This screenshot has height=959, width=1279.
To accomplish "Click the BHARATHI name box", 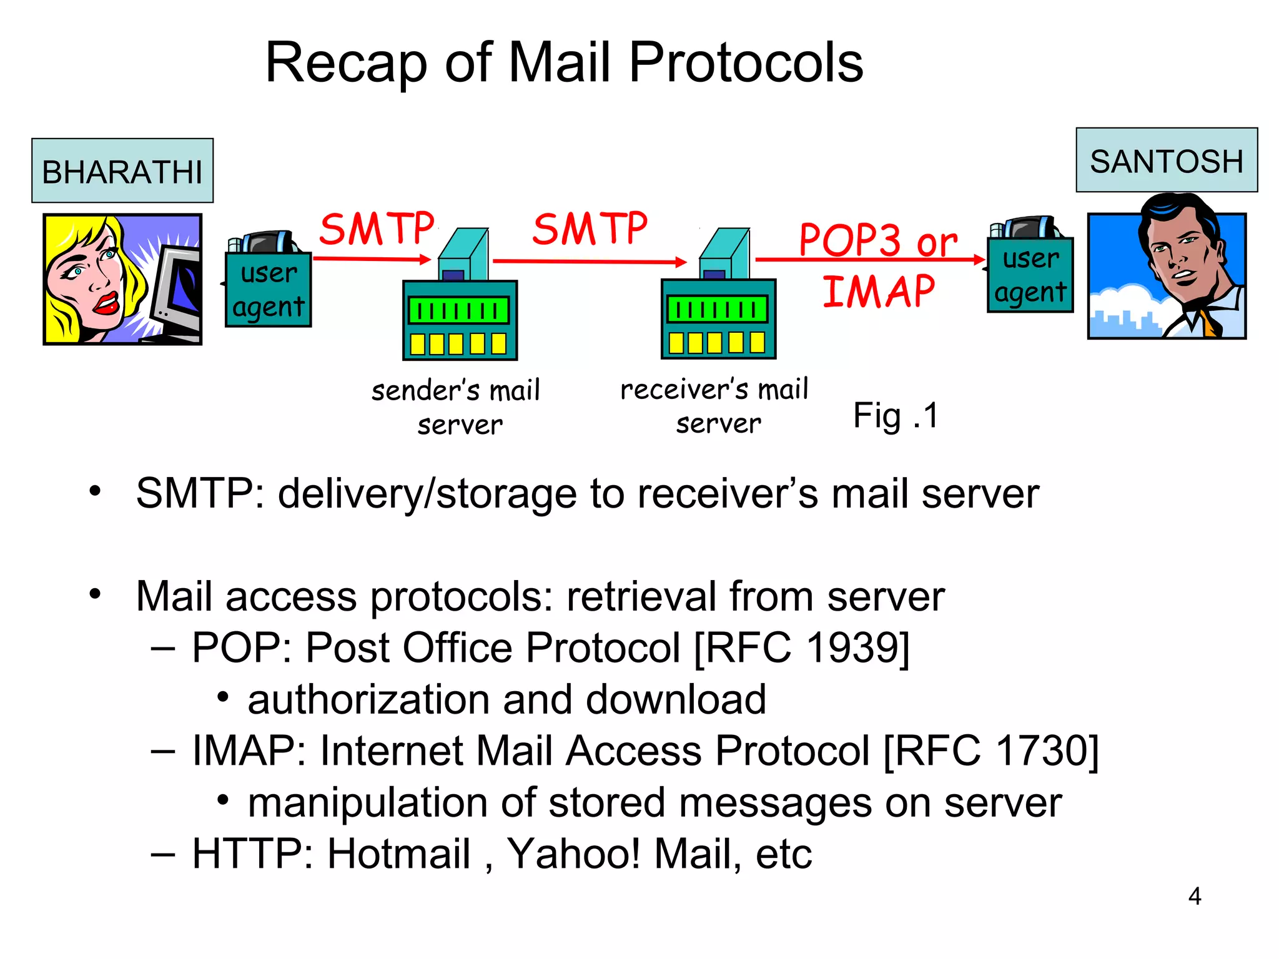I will click(122, 171).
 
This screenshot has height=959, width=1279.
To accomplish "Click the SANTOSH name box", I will click(1166, 161).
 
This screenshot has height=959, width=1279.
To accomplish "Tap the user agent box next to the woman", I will click(268, 290).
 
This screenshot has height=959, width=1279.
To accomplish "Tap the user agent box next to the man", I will click(1030, 275).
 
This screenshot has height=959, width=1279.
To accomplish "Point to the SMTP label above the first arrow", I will click(377, 229).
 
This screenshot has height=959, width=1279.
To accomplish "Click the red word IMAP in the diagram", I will click(878, 292).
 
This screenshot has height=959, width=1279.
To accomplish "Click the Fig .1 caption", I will click(895, 416).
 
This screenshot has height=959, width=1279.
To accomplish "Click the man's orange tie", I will click(1209, 322).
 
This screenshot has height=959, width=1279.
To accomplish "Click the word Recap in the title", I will click(346, 63).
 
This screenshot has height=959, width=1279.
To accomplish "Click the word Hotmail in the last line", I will click(398, 853).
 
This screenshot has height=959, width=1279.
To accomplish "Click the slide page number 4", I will click(1194, 897).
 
